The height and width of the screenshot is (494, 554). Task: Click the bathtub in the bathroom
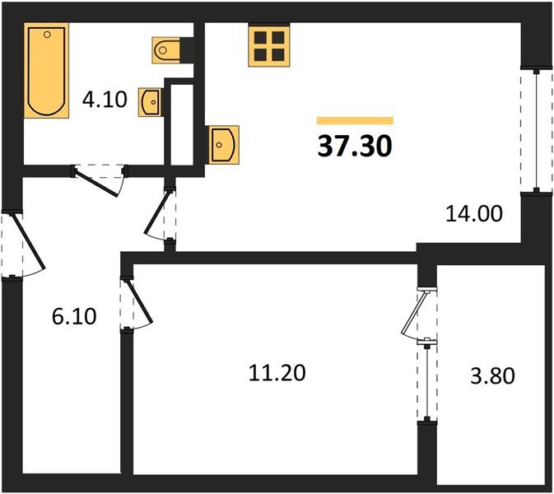click(46, 71)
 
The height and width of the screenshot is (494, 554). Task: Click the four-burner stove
click(268, 44)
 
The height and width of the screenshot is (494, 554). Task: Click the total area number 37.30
click(354, 146)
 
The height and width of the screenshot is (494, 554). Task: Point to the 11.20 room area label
click(277, 373)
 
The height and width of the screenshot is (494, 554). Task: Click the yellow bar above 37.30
click(355, 120)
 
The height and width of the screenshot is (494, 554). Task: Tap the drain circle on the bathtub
click(47, 35)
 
